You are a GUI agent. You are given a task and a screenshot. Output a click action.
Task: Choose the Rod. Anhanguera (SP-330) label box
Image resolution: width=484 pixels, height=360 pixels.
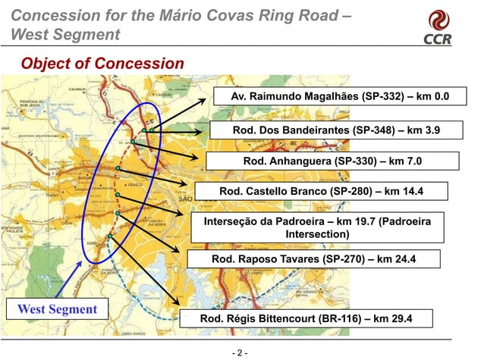[332, 161]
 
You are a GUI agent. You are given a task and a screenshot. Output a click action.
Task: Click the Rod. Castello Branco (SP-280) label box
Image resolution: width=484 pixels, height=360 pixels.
[322, 192]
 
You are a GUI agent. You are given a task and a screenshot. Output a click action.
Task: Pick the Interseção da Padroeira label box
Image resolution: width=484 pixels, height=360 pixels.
[317, 227]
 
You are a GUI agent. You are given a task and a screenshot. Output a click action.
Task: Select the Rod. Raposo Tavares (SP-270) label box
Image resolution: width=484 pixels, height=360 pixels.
[313, 260]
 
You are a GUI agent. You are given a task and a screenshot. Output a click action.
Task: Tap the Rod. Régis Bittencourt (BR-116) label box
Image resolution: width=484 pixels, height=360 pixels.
[305, 319]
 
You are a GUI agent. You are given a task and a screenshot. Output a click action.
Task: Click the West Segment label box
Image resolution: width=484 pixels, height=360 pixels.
[58, 309]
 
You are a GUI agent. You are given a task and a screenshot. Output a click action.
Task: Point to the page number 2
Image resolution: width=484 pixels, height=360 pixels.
[240, 353]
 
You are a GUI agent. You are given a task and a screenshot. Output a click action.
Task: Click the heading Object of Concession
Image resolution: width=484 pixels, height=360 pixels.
[102, 63]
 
